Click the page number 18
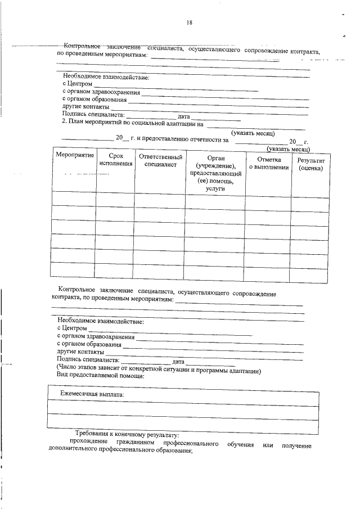click(188, 23)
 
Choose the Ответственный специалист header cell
click(160, 160)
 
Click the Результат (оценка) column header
click(311, 164)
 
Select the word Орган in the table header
click(215, 158)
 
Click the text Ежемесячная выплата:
click(93, 395)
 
